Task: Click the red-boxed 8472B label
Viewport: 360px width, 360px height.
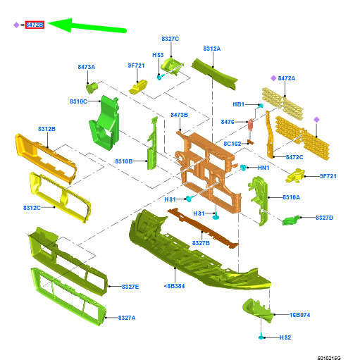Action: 35,25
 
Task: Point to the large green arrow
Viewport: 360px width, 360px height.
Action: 87,26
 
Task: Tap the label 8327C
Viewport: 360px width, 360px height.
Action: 170,39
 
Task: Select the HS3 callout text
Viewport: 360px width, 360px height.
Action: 158,55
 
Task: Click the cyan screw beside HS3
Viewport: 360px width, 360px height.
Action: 160,77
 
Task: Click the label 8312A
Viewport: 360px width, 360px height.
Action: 212,49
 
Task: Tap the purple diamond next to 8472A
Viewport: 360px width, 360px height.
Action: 273,78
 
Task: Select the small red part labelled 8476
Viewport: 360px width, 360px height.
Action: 251,124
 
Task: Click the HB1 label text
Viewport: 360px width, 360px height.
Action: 239,104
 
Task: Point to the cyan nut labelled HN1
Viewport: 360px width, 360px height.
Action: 243,168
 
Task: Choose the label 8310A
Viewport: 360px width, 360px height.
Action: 291,197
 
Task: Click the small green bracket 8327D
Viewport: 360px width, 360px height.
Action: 291,221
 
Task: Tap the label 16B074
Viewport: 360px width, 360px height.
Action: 299,315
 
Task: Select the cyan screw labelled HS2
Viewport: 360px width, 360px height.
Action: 261,337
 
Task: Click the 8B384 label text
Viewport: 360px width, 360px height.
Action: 174,286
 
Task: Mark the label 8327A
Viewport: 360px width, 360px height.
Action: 127,318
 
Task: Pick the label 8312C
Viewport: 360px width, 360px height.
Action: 32,208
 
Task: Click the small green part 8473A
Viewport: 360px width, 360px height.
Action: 92,87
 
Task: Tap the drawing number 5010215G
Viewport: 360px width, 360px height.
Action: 329,358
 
